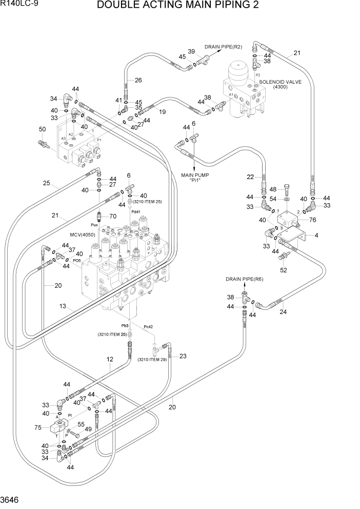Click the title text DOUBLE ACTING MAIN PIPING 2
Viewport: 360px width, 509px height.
pos(184,6)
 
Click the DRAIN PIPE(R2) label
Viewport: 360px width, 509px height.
pos(223,47)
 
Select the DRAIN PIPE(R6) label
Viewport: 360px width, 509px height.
pos(244,279)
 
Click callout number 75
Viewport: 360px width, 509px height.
pos(37,428)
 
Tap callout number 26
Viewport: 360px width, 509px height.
pos(138,80)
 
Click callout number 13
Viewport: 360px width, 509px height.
pos(63,306)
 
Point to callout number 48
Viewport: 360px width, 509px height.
pos(273,189)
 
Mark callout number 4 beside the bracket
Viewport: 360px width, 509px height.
pos(316,236)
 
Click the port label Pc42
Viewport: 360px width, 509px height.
pos(149,327)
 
